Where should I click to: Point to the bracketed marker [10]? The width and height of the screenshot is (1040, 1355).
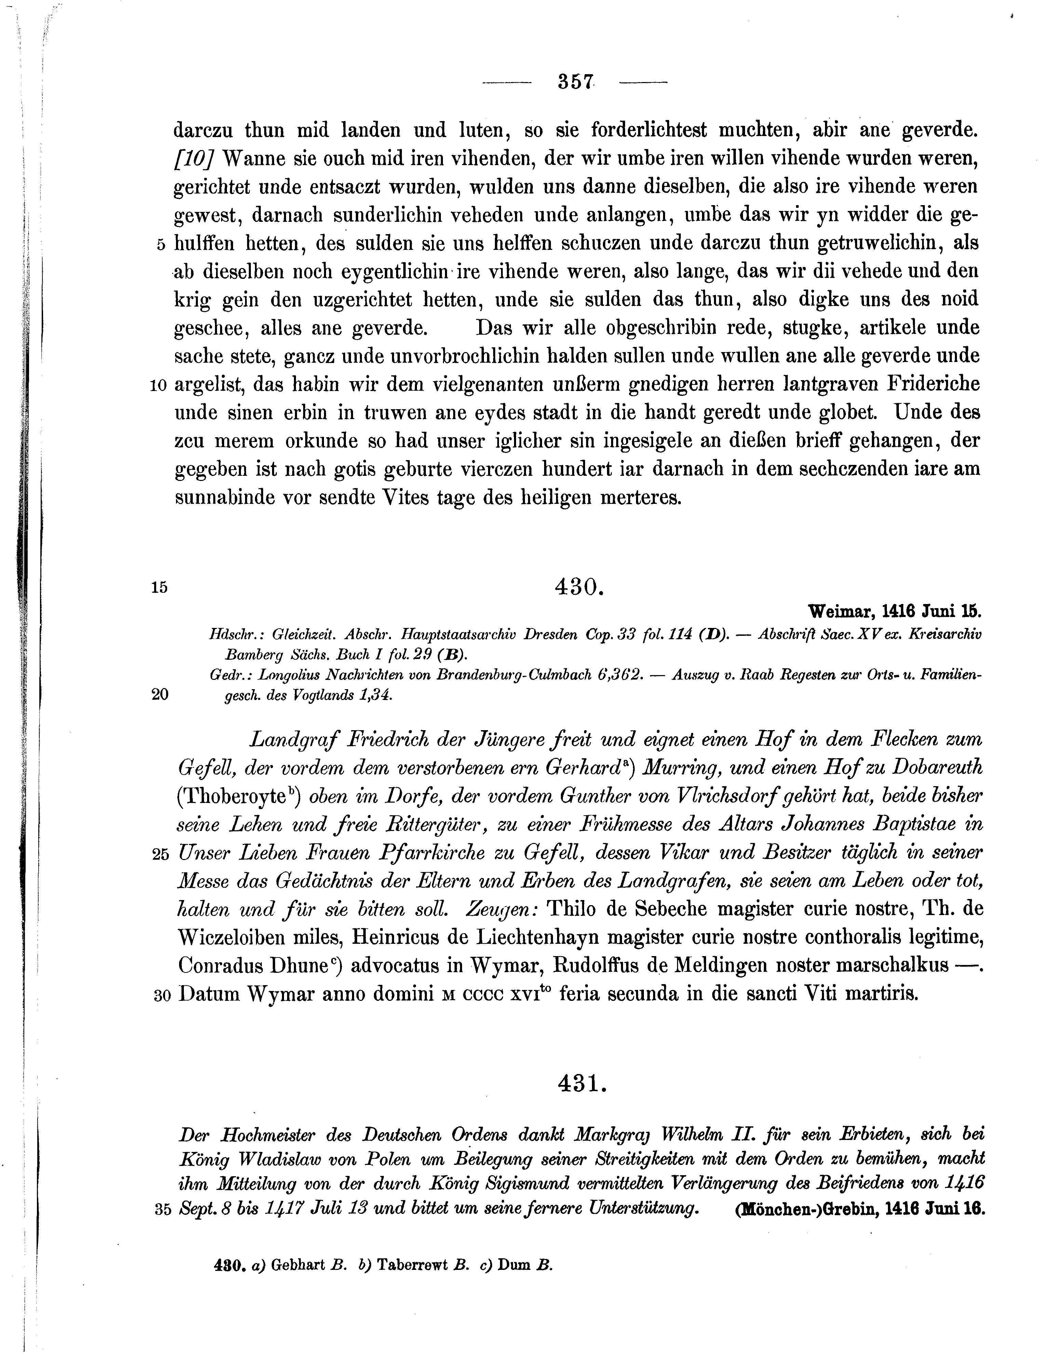point(194,159)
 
